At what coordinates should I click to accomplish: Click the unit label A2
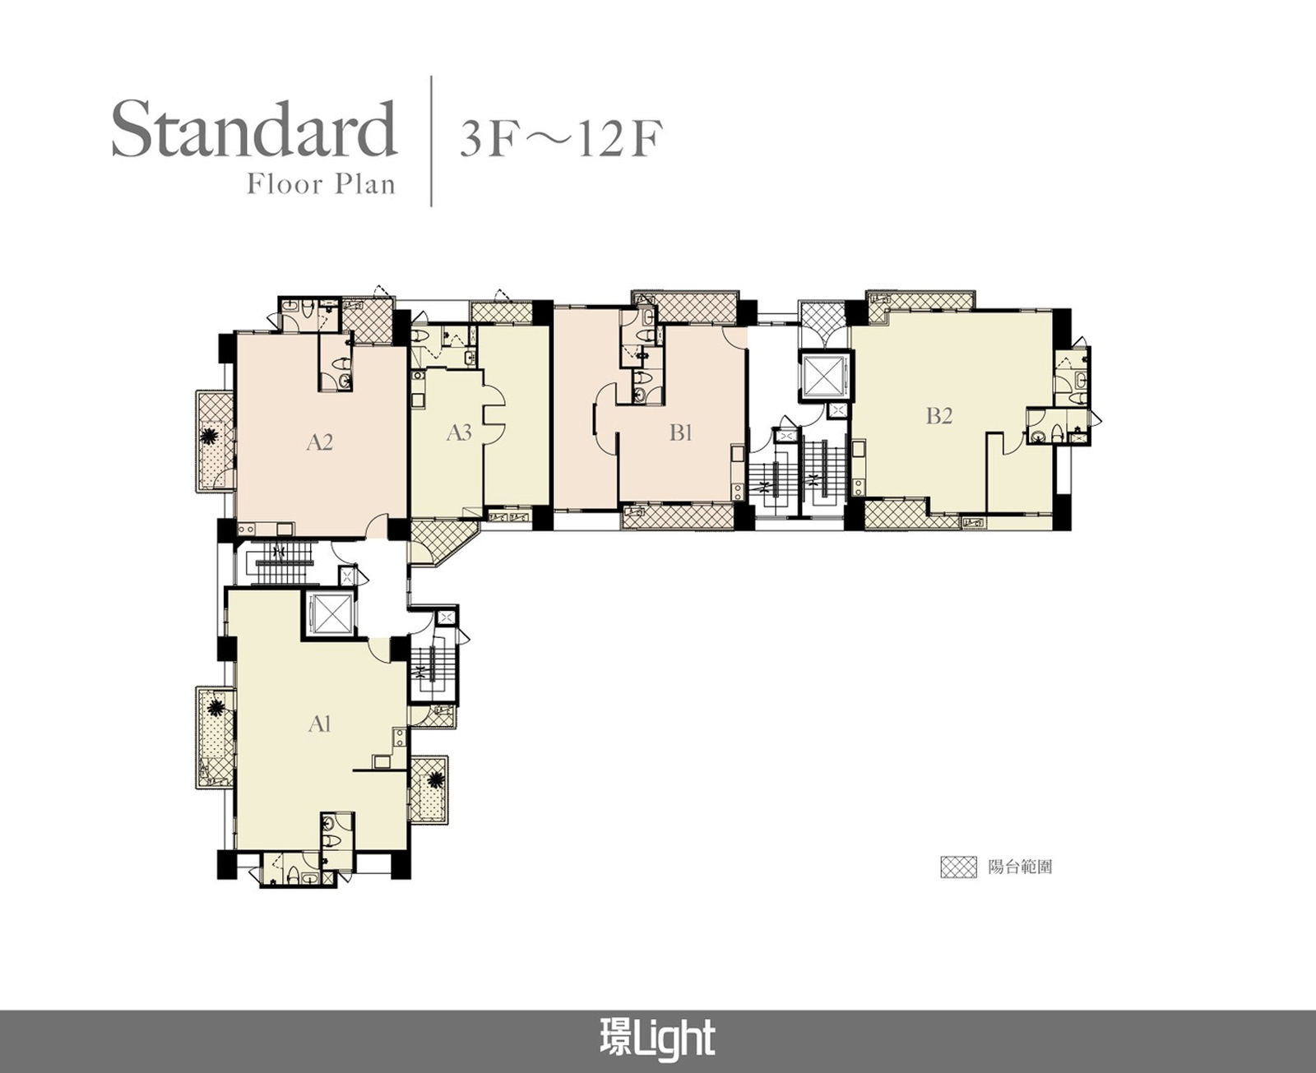pyautogui.click(x=319, y=442)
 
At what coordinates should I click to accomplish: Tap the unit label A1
pyautogui.click(x=319, y=724)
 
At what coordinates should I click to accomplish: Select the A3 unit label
pyautogui.click(x=459, y=432)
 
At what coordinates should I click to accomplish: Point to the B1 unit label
pyautogui.click(x=680, y=432)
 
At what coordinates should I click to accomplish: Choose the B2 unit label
pyautogui.click(x=939, y=415)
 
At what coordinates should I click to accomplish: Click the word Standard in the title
pyautogui.click(x=254, y=130)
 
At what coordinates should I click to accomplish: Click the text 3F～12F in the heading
pyautogui.click(x=560, y=140)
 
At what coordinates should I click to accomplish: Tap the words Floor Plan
pyautogui.click(x=321, y=185)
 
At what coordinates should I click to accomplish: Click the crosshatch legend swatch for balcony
pyautogui.click(x=958, y=867)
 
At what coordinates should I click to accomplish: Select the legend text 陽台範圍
pyautogui.click(x=1020, y=867)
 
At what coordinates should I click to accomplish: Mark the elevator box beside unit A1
pyautogui.click(x=330, y=613)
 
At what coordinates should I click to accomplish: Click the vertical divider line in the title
pyautogui.click(x=431, y=141)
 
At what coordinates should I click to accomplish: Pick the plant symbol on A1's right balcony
pyautogui.click(x=434, y=779)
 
